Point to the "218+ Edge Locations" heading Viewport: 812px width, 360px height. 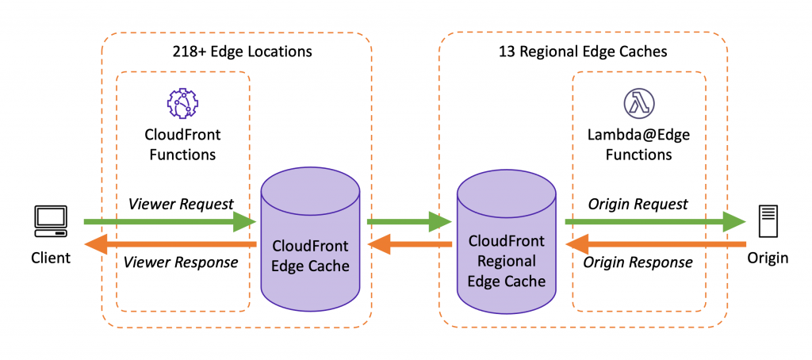242,52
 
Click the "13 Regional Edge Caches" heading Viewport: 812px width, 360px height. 583,52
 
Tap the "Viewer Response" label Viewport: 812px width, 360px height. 183,262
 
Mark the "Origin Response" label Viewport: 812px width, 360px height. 638,262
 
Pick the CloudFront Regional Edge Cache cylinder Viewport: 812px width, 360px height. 507,246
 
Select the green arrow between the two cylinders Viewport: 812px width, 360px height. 408,222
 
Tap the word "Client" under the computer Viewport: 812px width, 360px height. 51,258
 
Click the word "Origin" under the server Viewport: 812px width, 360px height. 768,258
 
